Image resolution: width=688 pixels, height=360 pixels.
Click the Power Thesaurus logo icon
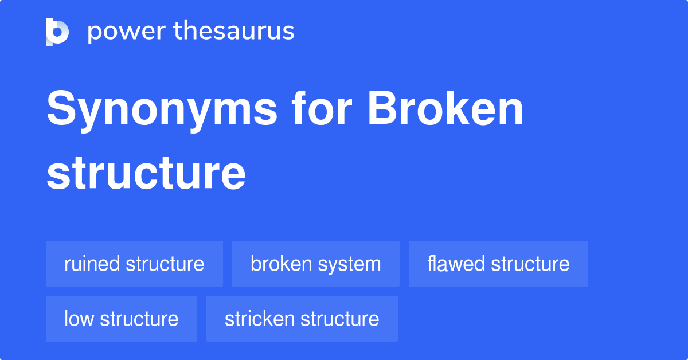pyautogui.click(x=57, y=32)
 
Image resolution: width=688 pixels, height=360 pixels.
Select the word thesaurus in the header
pyautogui.click(x=234, y=32)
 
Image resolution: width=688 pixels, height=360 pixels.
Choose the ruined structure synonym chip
pyautogui.click(x=134, y=264)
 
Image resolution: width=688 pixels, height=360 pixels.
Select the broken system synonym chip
pyautogui.click(x=315, y=264)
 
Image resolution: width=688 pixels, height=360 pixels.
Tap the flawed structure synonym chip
pyautogui.click(x=498, y=264)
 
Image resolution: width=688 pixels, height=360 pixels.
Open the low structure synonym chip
pyautogui.click(x=121, y=319)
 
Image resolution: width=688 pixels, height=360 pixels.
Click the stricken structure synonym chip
pyautogui.click(x=302, y=319)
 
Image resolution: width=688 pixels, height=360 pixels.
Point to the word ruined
pyautogui.click(x=92, y=264)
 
